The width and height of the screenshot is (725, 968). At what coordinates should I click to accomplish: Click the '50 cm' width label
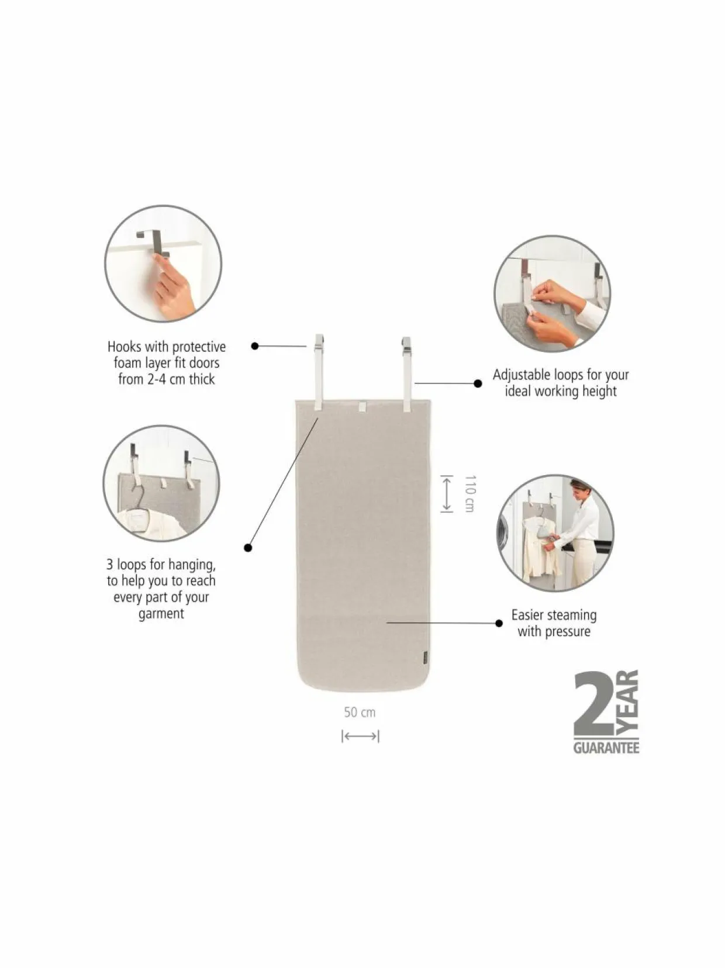(360, 712)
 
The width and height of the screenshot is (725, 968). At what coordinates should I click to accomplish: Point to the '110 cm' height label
(469, 493)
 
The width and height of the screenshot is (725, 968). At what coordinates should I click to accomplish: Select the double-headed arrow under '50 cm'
(360, 736)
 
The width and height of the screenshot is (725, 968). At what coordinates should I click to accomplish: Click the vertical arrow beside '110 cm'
(447, 493)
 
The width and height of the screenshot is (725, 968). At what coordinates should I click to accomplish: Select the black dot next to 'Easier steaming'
(499, 623)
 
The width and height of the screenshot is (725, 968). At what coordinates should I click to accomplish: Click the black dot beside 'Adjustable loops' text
(478, 383)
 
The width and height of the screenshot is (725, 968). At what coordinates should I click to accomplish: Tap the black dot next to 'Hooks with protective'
(254, 346)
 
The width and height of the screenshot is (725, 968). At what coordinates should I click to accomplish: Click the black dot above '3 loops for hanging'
(248, 548)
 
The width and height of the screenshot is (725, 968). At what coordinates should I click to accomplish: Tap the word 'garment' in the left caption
(161, 614)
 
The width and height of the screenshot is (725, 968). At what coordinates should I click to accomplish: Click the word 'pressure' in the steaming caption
(568, 631)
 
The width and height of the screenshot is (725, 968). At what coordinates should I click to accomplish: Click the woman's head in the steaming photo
(578, 488)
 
